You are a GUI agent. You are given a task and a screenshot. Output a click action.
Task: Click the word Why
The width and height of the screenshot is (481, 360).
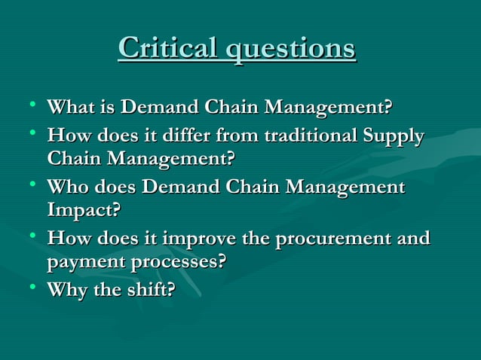[x=66, y=290]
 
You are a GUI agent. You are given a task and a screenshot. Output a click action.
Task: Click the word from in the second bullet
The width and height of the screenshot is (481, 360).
[x=234, y=137]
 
